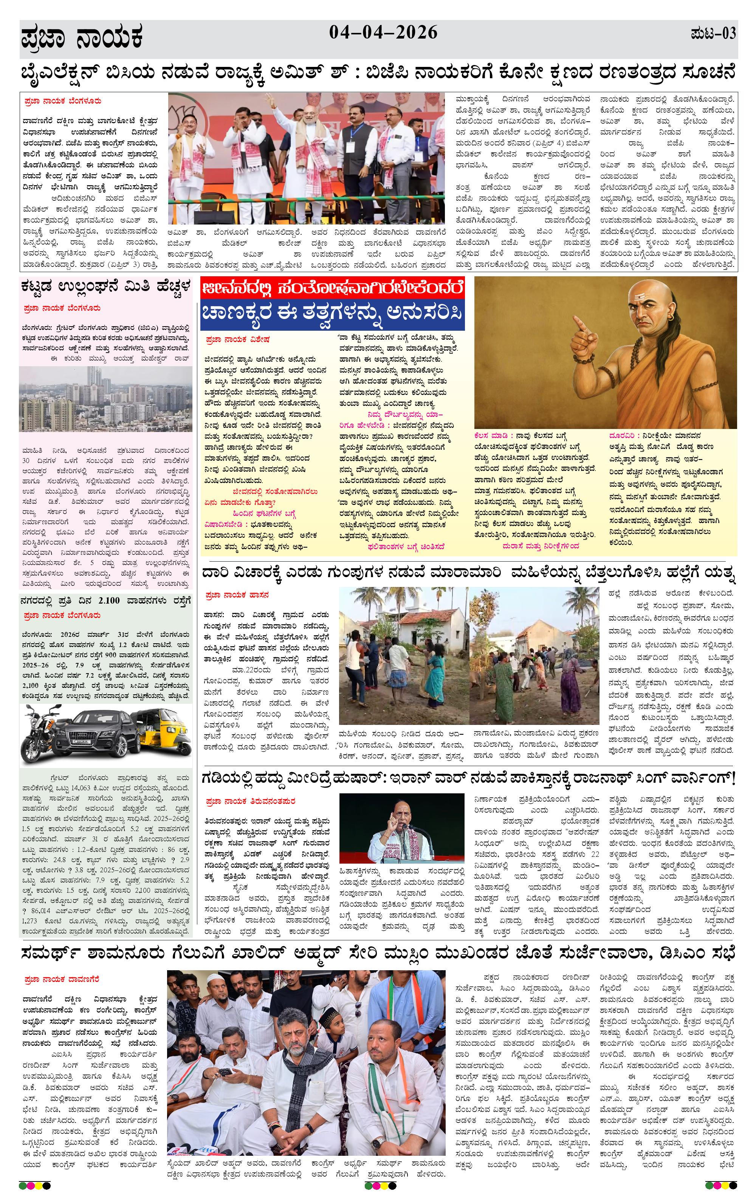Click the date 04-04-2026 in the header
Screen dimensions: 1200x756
383,33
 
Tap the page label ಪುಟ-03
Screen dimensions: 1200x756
713,34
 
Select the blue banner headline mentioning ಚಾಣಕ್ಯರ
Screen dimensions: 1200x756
332,315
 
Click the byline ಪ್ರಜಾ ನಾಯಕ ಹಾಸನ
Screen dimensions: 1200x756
237,595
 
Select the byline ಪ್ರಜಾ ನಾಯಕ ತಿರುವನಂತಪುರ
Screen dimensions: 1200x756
250,801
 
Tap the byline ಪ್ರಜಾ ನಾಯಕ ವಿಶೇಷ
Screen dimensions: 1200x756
237,339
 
